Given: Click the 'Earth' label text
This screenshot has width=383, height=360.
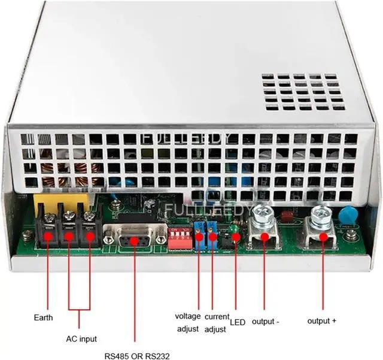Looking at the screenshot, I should [43, 317].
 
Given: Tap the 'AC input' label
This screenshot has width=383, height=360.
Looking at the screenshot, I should [81, 339].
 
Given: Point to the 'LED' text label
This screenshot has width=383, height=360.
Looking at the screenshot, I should [237, 322].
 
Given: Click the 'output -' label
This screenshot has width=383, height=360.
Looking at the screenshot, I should [266, 322].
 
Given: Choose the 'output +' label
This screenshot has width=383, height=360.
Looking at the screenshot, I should [322, 321].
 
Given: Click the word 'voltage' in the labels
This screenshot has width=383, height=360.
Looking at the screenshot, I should [188, 316].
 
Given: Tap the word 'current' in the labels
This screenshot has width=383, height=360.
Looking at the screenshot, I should [217, 316].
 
